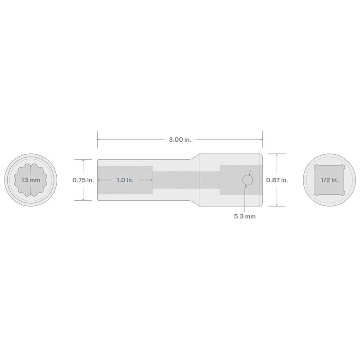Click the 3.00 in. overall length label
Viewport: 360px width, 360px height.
[x=180, y=139]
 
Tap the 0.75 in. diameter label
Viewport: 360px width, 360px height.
[x=83, y=180]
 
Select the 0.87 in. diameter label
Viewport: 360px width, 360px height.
[x=277, y=180]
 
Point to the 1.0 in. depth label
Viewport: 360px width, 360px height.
[x=125, y=180]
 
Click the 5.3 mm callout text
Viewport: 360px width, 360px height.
[x=245, y=216]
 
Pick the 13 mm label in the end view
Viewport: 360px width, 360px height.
[x=31, y=180]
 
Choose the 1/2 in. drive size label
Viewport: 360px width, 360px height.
[x=329, y=180]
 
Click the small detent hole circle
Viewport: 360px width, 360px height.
[x=248, y=180]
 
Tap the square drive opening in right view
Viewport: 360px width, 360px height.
[x=329, y=180]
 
